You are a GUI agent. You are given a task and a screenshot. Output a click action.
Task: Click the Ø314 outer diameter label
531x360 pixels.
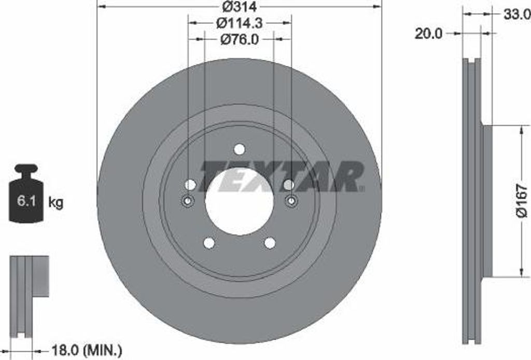point(240,7)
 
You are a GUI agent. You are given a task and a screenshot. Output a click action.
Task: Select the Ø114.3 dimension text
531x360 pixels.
point(239,23)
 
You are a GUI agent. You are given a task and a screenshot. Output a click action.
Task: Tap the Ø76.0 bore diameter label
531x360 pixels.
point(239,39)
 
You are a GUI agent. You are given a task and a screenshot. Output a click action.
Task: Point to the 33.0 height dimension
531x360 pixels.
point(516,15)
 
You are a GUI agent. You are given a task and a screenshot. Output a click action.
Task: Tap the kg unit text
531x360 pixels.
point(55,203)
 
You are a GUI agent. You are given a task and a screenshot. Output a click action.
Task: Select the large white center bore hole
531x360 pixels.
point(239,201)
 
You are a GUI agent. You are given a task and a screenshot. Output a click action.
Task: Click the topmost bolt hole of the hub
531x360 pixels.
point(239,149)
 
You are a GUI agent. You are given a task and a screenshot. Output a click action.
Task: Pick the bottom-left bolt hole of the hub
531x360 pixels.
point(209,243)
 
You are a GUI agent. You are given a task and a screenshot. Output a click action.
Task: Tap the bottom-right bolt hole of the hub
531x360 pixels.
point(270,243)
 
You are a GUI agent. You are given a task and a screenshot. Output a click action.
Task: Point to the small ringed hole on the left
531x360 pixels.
point(188,201)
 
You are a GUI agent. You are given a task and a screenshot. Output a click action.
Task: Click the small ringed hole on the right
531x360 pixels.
point(291,201)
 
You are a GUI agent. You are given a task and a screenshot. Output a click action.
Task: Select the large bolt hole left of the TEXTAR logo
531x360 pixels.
point(190,185)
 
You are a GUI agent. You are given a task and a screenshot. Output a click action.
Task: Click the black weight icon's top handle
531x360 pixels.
point(26,169)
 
